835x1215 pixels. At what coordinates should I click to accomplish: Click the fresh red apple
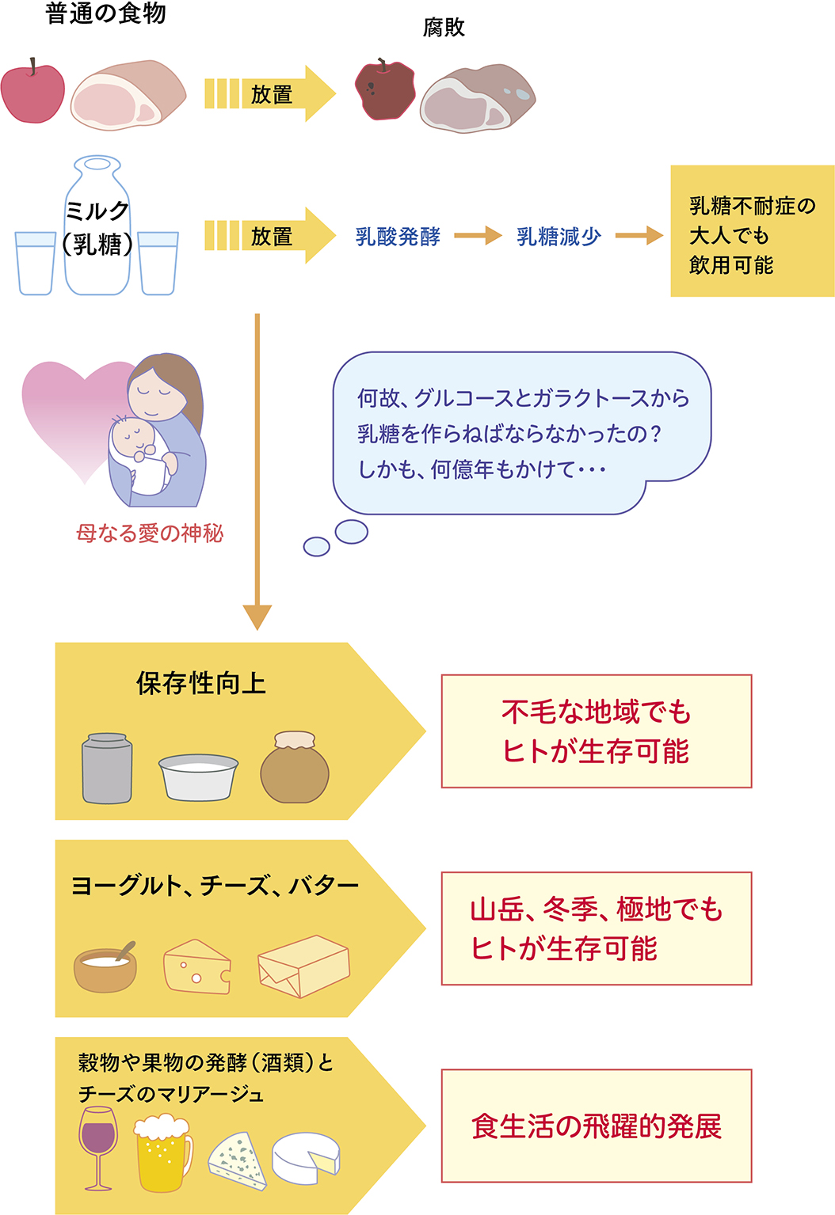click(x=32, y=93)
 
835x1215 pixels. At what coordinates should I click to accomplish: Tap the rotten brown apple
click(x=385, y=90)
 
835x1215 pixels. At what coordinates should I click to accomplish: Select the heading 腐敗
click(x=444, y=28)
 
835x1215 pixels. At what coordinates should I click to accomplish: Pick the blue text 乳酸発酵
click(x=398, y=236)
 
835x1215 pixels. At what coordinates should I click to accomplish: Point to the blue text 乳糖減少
click(x=559, y=236)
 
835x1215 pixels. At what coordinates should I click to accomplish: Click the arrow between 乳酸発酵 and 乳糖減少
click(x=478, y=235)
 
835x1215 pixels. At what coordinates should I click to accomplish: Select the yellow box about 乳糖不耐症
click(x=752, y=231)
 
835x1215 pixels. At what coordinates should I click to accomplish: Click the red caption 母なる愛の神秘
click(x=150, y=533)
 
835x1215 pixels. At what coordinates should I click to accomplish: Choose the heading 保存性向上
click(x=200, y=683)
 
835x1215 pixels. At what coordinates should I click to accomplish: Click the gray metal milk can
click(x=107, y=768)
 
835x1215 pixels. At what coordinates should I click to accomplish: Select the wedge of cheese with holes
click(x=196, y=966)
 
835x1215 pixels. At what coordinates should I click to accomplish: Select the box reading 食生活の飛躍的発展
click(x=596, y=1126)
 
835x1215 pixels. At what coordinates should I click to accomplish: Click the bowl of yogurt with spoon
click(x=105, y=967)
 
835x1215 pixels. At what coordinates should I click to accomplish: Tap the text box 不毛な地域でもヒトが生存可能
click(x=596, y=731)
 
